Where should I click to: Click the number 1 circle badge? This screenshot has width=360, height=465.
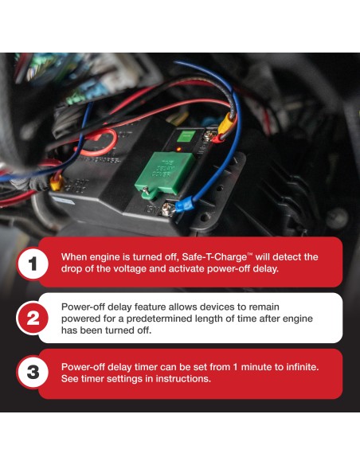pos(33,264)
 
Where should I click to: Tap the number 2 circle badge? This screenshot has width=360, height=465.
pos(33,318)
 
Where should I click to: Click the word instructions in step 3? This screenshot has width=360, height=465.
pos(180,380)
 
